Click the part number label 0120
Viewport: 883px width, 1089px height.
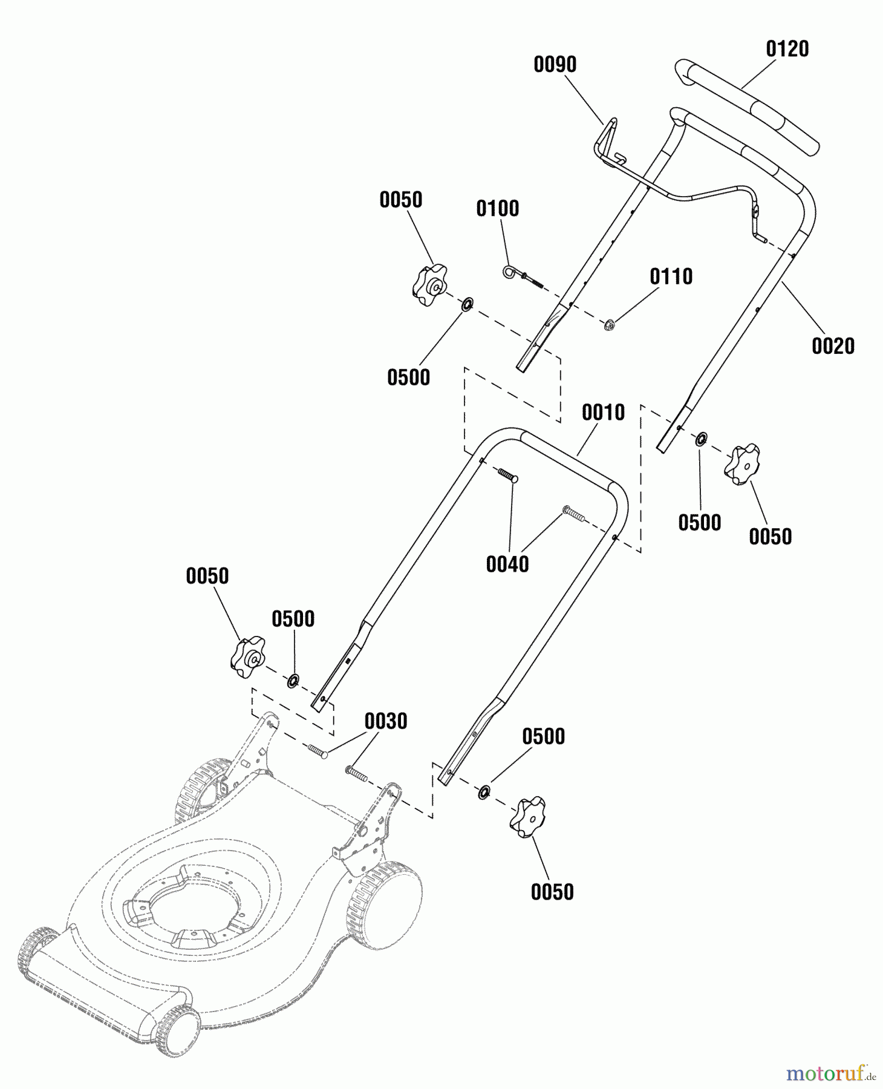click(787, 49)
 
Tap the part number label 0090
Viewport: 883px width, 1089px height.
click(555, 65)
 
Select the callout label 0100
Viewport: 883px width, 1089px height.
click(497, 209)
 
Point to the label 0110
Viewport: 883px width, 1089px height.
click(671, 277)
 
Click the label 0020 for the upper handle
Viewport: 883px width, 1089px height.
click(833, 347)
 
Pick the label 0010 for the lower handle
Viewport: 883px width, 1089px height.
click(603, 413)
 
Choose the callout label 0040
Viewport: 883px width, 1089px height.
click(507, 565)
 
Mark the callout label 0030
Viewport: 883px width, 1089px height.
click(385, 722)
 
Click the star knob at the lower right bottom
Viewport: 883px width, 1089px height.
click(527, 817)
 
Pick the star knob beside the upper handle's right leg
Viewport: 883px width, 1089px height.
click(742, 465)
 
